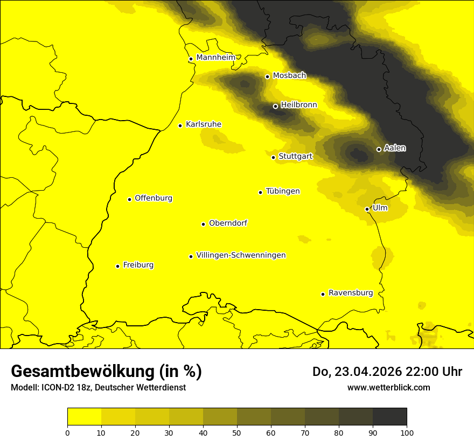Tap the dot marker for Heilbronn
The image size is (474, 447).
275,106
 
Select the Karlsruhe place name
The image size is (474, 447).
203,124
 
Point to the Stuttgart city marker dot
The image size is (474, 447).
273,157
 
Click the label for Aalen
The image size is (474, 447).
395,148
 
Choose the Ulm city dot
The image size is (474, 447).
367,209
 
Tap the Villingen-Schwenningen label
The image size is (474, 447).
241,255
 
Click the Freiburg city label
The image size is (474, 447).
138,265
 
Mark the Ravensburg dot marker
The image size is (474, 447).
323,294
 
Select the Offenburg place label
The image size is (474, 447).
154,198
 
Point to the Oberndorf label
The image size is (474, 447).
228,223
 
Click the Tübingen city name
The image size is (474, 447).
283,191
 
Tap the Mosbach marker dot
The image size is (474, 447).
267,76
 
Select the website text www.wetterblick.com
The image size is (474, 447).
388,387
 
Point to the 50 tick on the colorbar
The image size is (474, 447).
237,432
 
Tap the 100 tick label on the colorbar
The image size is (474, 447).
407,432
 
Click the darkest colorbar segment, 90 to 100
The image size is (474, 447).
389,416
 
